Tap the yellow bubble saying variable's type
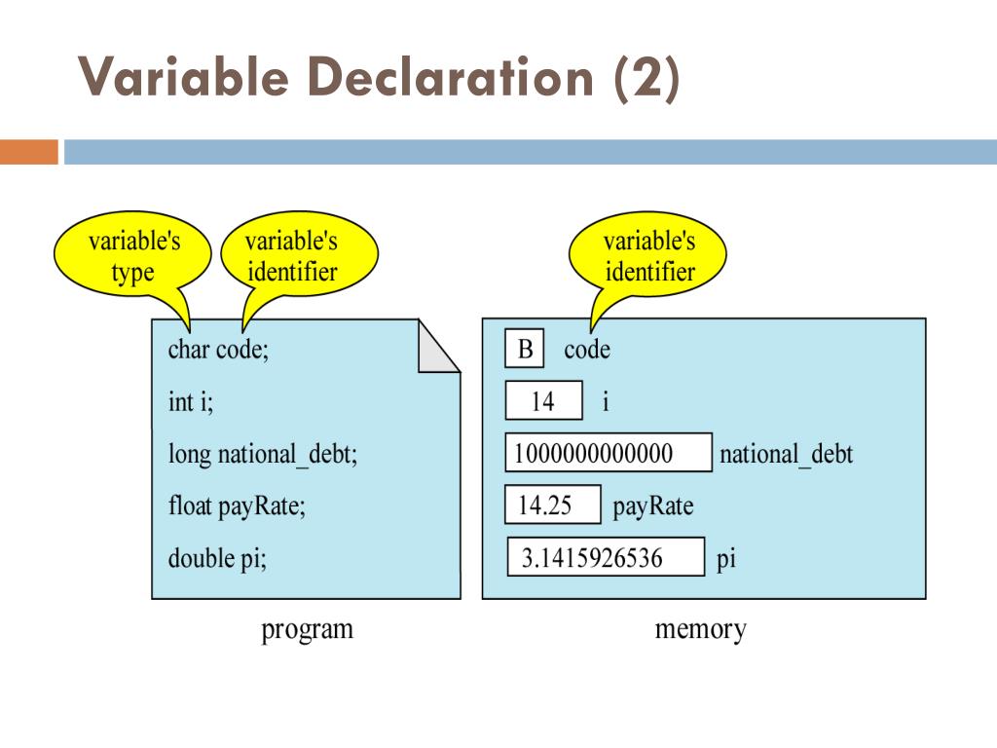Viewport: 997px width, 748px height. (x=131, y=256)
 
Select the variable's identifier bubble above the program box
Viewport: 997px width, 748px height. (x=291, y=256)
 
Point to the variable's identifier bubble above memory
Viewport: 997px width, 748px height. (x=649, y=256)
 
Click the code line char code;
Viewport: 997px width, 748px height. (x=218, y=350)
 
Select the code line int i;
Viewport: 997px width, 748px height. (x=190, y=401)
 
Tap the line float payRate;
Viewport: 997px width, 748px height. (x=237, y=506)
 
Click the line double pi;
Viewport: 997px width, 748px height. (x=217, y=559)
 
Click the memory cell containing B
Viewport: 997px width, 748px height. (x=525, y=349)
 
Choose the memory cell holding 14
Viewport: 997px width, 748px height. (x=543, y=400)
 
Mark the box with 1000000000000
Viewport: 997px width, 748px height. (x=609, y=453)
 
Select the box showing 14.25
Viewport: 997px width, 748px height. (x=553, y=505)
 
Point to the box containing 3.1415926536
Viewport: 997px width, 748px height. (x=606, y=558)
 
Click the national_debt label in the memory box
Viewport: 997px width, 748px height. (x=786, y=454)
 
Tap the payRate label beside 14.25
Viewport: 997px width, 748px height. (x=652, y=506)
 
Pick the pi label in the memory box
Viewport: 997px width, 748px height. (x=726, y=559)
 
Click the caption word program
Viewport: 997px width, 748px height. (x=307, y=629)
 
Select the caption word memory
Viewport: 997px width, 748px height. (x=700, y=629)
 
